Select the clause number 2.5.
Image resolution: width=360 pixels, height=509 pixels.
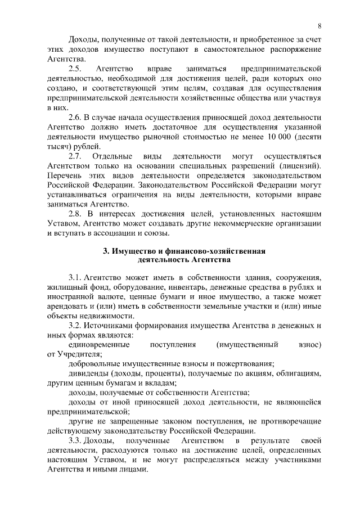coord(75,69)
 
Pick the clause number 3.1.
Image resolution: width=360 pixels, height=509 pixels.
coord(75,278)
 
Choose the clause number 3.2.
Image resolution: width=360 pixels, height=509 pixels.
coord(75,326)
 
